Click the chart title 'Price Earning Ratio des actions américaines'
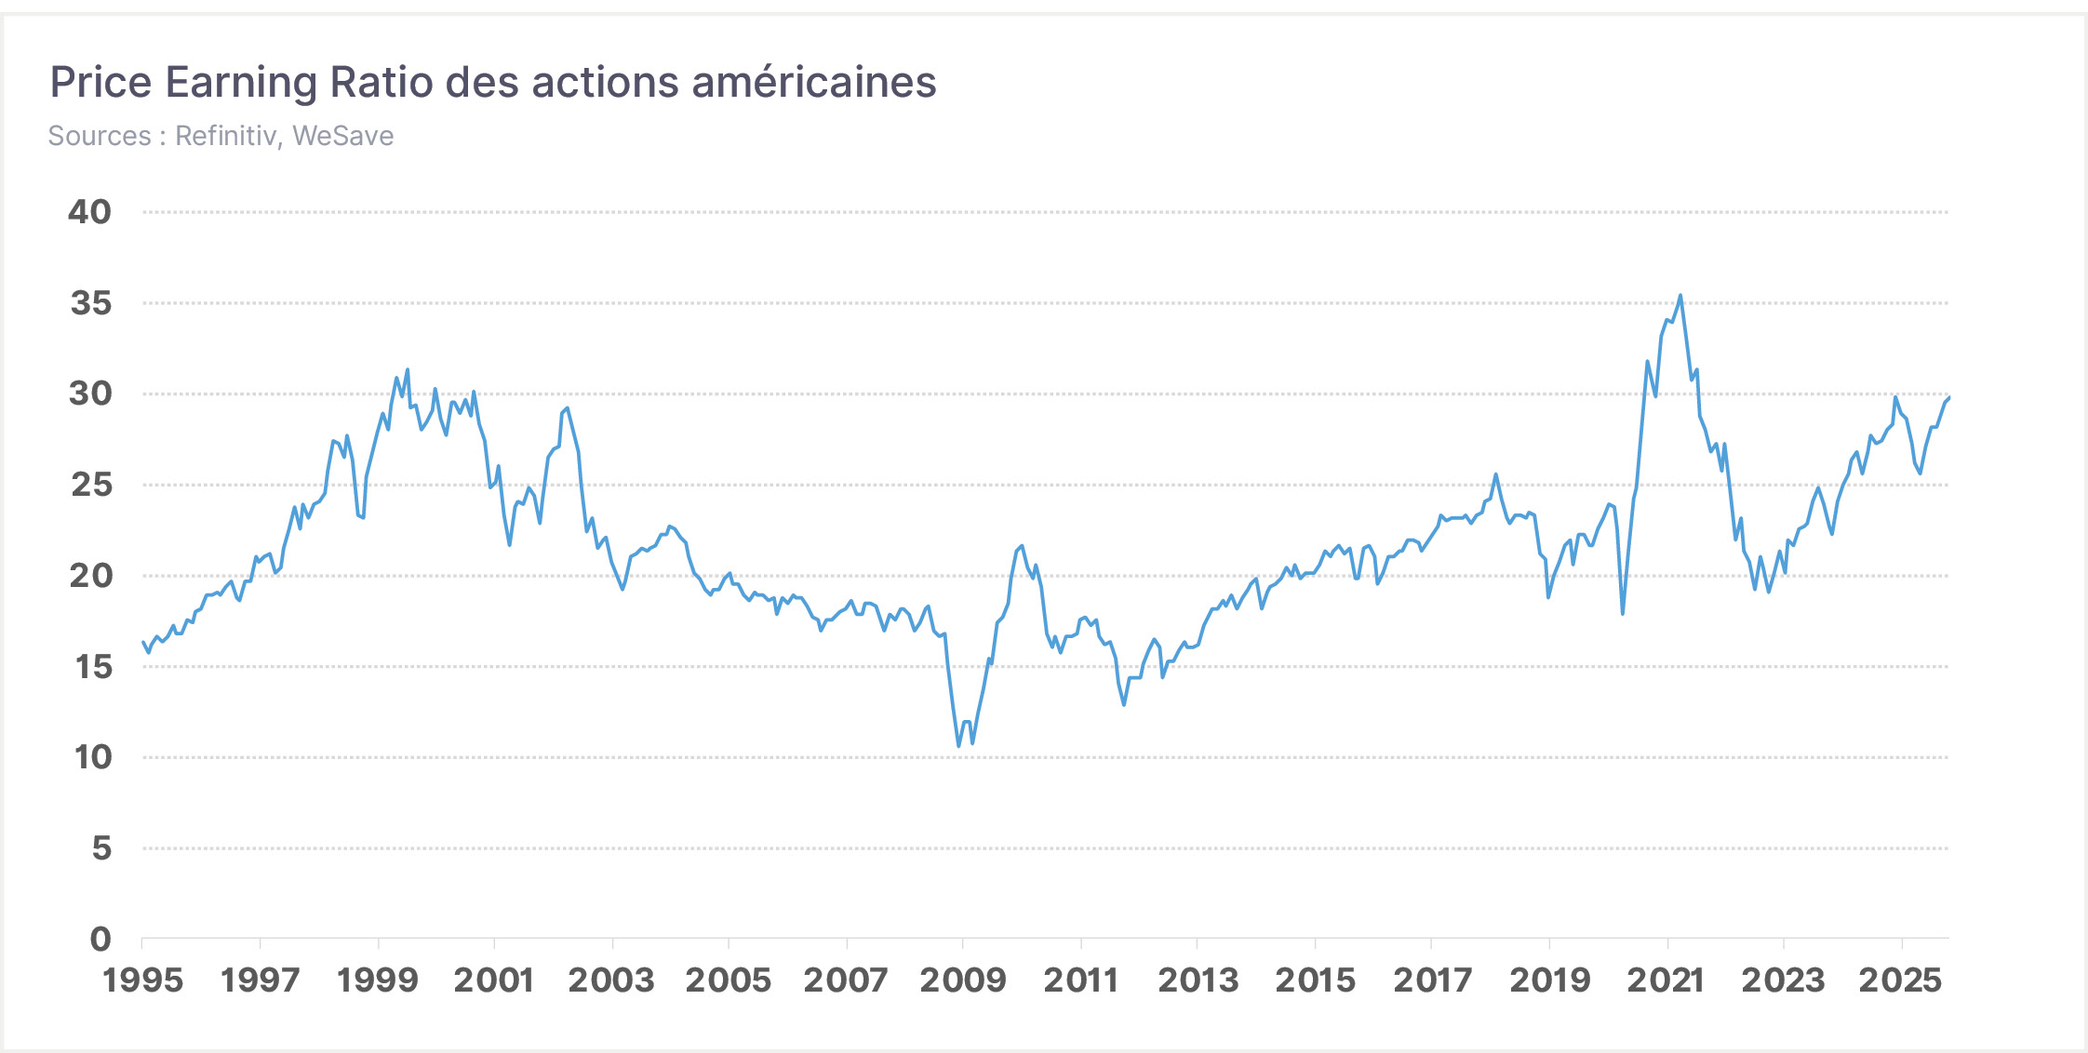(492, 82)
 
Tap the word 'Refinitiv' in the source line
(226, 136)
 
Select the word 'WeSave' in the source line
(343, 136)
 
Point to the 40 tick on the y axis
(89, 212)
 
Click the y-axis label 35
(90, 303)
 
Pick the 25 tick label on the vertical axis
(91, 485)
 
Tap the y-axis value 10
(93, 757)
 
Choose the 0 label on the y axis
(100, 939)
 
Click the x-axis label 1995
(142, 980)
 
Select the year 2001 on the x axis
(494, 980)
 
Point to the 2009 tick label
(963, 980)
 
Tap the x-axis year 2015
(1315, 980)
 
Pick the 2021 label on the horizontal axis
(1666, 980)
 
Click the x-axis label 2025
(1900, 980)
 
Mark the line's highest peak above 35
(1680, 296)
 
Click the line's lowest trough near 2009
(958, 746)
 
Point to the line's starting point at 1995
(142, 642)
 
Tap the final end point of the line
(1949, 397)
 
